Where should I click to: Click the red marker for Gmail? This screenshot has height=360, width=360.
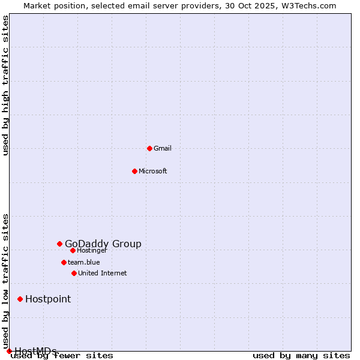tap(149, 148)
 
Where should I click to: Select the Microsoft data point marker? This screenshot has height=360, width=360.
tap(134, 171)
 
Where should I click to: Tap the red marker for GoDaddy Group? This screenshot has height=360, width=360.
tap(59, 244)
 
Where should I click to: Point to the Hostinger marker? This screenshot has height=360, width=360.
tap(73, 250)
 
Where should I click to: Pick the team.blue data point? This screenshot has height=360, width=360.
tap(64, 262)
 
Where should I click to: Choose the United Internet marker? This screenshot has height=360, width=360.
tap(74, 273)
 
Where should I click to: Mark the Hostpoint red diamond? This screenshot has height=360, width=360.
tap(20, 299)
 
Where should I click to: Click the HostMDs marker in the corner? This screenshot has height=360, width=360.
tap(9, 351)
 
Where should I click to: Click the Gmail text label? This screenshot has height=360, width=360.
tap(163, 148)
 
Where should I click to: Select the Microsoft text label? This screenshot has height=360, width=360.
tap(153, 171)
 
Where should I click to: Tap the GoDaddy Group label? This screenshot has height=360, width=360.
tap(103, 244)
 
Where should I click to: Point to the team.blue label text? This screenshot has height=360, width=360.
tap(84, 262)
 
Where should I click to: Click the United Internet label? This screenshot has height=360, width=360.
tap(103, 273)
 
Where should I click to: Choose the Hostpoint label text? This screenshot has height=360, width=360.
tap(48, 299)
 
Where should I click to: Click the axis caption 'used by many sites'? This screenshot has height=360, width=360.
tap(301, 356)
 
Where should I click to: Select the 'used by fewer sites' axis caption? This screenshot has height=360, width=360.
tap(62, 356)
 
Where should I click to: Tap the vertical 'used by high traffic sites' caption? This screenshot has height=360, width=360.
tap(6, 85)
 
